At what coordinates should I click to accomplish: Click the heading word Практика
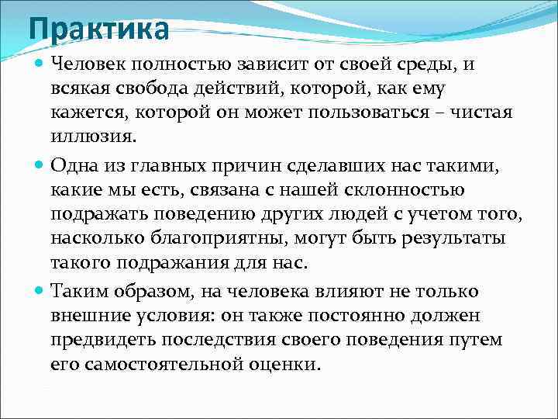pyautogui.click(x=98, y=29)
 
